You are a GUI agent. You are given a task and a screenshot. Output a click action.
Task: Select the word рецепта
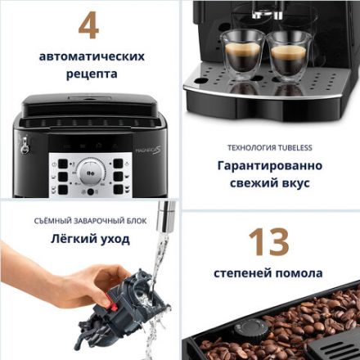point(90,74)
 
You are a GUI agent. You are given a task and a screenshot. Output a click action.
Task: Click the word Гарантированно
point(269,165)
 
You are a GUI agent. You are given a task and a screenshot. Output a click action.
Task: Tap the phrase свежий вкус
point(269,182)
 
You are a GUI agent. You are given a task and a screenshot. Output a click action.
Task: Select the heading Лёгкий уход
point(89,240)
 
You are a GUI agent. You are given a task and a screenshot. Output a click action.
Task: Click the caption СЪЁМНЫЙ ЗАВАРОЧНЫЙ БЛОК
point(89,222)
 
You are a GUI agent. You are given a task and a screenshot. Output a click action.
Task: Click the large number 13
point(268,242)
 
